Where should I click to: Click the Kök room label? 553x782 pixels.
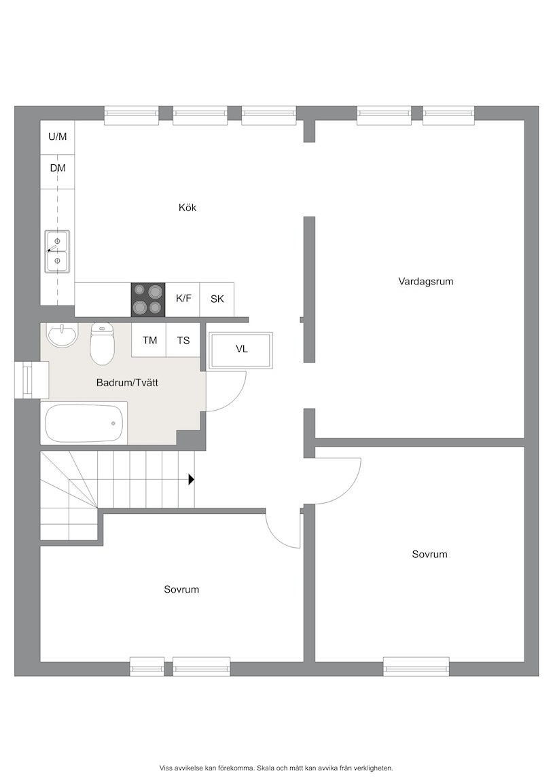[x=188, y=208]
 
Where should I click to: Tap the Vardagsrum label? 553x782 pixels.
[x=426, y=281]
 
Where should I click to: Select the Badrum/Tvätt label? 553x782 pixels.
[x=127, y=383]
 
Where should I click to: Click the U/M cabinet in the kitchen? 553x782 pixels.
[x=57, y=137]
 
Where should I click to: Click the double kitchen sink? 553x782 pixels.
[x=57, y=251]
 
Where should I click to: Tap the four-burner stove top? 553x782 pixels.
[x=148, y=300]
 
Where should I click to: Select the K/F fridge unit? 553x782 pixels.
[x=183, y=300]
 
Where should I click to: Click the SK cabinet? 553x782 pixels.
[x=217, y=300]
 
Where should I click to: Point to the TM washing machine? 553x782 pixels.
[x=149, y=340]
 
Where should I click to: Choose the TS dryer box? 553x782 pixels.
[x=183, y=340]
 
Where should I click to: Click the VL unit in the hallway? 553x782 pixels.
[x=241, y=350]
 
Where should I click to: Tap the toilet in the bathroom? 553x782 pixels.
[x=103, y=343]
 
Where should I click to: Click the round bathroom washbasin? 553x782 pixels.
[x=63, y=334]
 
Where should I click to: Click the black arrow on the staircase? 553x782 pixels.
[x=191, y=480]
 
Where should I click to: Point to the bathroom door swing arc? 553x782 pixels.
[x=238, y=399]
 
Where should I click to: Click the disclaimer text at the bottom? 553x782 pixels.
[x=276, y=768]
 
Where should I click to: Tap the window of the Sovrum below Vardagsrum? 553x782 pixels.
[x=416, y=667]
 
